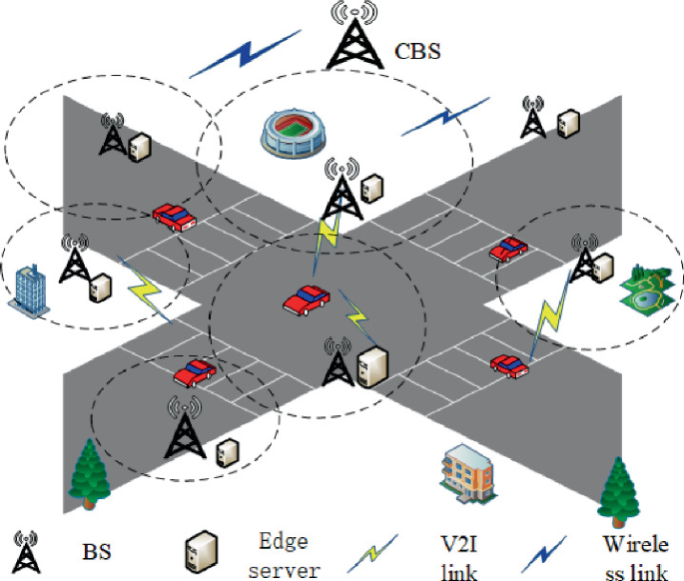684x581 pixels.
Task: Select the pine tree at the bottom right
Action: [621, 486]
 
